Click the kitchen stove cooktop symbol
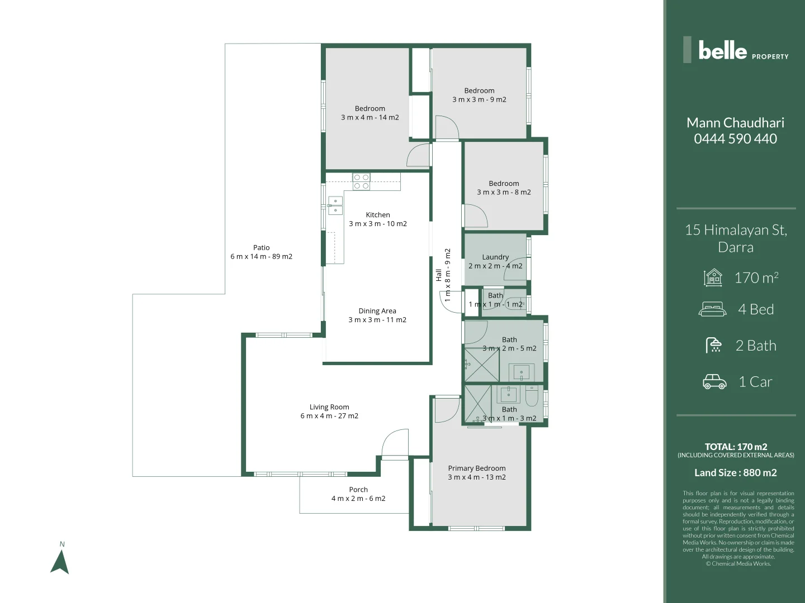(361, 181)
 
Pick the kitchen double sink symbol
(335, 205)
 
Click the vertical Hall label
(439, 275)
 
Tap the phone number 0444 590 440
(735, 139)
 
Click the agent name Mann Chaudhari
(735, 123)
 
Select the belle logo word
(722, 51)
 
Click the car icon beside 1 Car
(714, 382)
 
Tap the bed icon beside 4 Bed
(713, 309)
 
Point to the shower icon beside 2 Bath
(714, 346)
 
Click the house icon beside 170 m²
(713, 277)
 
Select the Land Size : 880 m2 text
(735, 473)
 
